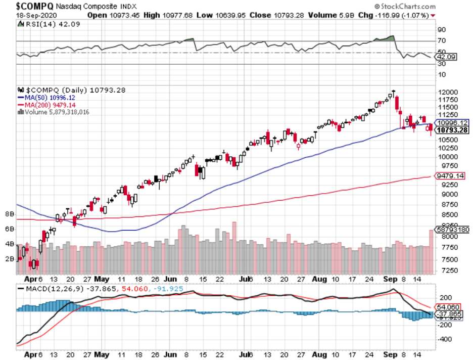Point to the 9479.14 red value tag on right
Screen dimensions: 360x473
pos(449,175)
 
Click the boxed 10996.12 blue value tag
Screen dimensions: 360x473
pos(452,123)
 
